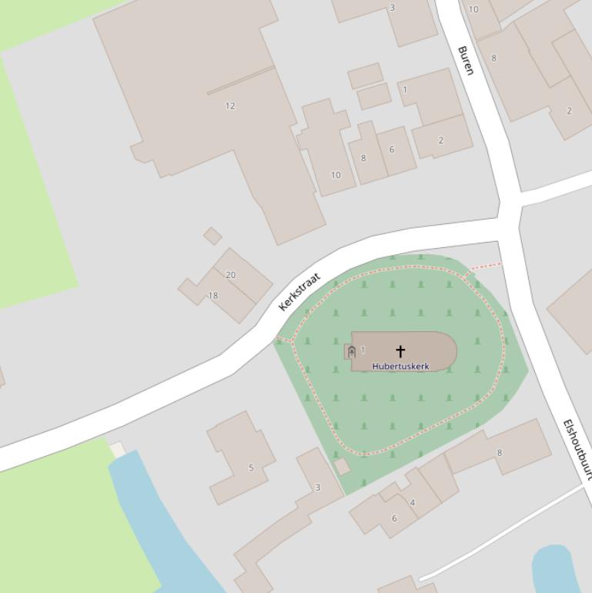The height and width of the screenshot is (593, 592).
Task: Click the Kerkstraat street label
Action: pyautogui.click(x=299, y=292)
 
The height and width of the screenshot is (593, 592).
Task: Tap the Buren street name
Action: pyautogui.click(x=466, y=60)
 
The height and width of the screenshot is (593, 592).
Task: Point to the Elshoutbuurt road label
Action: pyautogui.click(x=577, y=450)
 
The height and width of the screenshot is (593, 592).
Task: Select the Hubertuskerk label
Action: pyautogui.click(x=400, y=367)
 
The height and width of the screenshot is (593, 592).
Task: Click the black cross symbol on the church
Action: pyautogui.click(x=400, y=352)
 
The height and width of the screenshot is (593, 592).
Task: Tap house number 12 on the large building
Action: pyautogui.click(x=229, y=106)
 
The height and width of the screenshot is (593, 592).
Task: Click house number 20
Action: pyautogui.click(x=230, y=274)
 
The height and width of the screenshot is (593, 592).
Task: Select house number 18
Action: pyautogui.click(x=213, y=295)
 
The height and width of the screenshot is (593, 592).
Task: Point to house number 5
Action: pyautogui.click(x=250, y=467)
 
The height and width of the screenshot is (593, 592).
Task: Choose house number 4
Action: pyautogui.click(x=413, y=503)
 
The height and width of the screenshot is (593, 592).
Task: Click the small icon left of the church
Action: pyautogui.click(x=351, y=352)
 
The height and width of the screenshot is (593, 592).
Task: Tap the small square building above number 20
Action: pyautogui.click(x=212, y=236)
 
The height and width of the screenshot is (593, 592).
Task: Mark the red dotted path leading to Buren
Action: pyautogui.click(x=485, y=266)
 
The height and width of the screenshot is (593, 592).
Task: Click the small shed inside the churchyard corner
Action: pyautogui.click(x=342, y=467)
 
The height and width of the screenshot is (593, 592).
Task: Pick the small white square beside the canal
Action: pyautogui.click(x=116, y=449)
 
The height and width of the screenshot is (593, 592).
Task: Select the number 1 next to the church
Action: pyautogui.click(x=363, y=350)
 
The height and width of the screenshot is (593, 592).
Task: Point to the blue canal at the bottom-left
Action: pyautogui.click(x=154, y=524)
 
